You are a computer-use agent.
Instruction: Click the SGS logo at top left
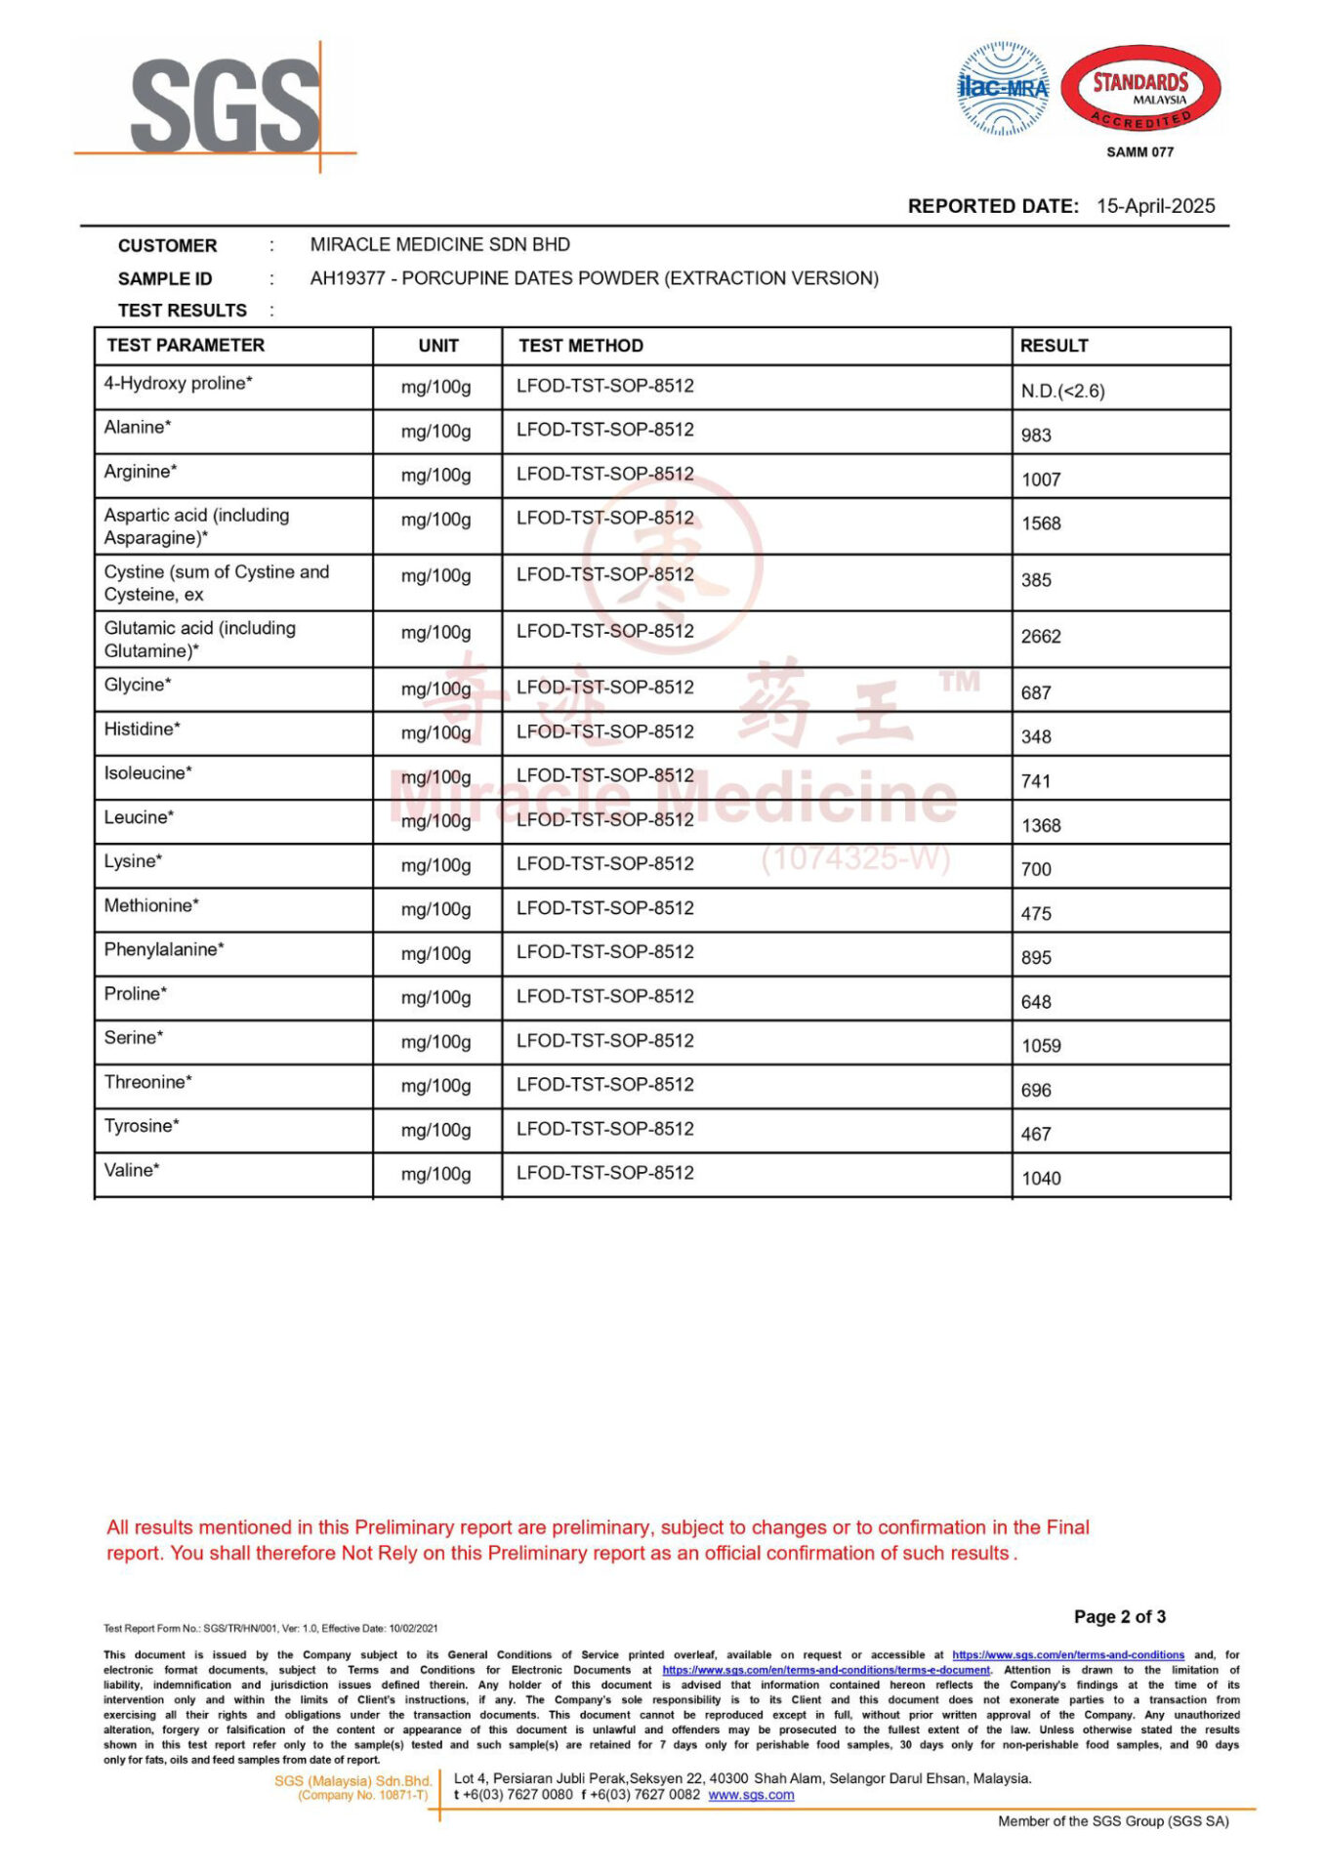[225, 105]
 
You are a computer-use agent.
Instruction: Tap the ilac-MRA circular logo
[1003, 88]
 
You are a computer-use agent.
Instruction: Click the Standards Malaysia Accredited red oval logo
[1140, 89]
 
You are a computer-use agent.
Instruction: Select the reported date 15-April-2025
[1155, 206]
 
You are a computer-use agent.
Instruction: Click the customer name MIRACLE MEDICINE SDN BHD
[439, 244]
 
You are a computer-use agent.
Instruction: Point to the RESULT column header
[1054, 346]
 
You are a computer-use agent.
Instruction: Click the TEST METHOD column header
[581, 346]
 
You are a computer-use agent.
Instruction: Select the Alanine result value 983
[1036, 436]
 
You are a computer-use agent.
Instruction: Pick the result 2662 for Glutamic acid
[1041, 637]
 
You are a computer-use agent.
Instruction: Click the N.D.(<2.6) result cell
[1062, 392]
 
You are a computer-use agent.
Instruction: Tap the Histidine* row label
[143, 729]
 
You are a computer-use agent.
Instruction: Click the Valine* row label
[132, 1170]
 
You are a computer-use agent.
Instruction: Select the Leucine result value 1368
[1041, 826]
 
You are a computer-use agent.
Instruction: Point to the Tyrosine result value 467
[1036, 1135]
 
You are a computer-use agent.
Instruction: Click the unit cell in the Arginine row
[435, 476]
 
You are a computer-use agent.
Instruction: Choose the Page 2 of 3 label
[1119, 1616]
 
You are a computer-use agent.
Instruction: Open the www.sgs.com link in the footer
[751, 1794]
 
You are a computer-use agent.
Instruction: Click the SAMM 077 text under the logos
[1139, 152]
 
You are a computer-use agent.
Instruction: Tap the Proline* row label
[136, 994]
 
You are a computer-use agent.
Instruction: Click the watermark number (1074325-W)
[855, 858]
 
